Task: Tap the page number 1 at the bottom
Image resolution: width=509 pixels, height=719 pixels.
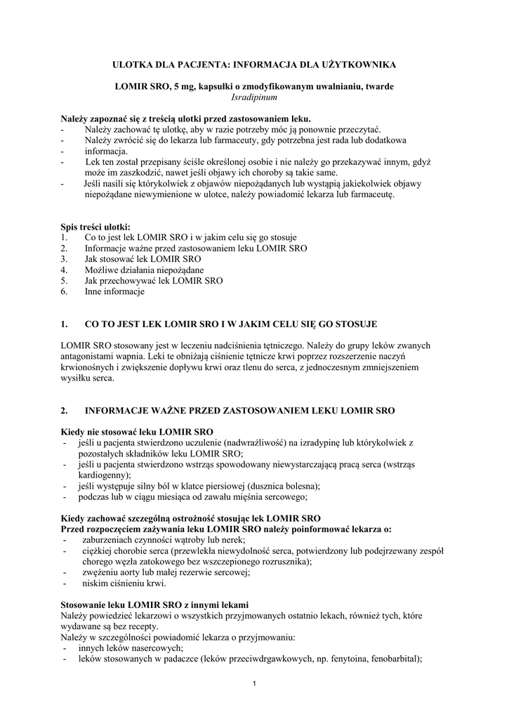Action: tap(254, 685)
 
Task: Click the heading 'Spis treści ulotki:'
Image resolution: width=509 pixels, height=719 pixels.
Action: tap(95, 227)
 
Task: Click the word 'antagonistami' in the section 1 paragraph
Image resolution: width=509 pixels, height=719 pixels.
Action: tap(87, 356)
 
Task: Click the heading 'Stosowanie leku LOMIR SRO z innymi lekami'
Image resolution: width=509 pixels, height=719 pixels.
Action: tap(154, 605)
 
